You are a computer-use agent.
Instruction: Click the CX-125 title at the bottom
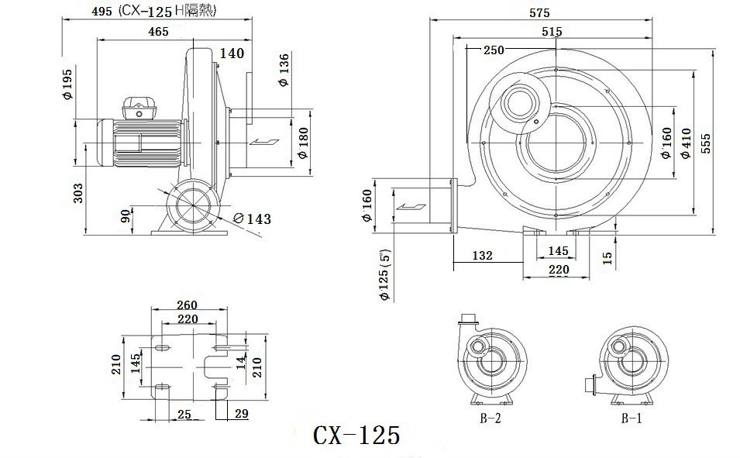356,435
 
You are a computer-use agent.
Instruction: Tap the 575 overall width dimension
539,12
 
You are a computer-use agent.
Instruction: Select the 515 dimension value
552,32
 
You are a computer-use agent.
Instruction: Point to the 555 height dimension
706,143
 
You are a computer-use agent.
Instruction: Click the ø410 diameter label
687,143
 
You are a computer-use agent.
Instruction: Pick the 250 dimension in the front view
494,50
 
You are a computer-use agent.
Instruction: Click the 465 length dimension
158,32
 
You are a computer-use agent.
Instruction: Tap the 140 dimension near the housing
232,53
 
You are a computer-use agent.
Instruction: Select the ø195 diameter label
67,84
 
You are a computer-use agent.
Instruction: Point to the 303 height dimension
77,193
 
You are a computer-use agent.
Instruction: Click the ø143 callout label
253,219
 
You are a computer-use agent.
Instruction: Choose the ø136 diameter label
284,70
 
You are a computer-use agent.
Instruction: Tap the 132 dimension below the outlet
482,256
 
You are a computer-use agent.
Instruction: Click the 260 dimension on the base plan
187,305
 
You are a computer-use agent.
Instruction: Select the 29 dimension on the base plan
241,414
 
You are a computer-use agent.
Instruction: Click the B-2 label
490,418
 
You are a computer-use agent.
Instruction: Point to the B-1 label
632,418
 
